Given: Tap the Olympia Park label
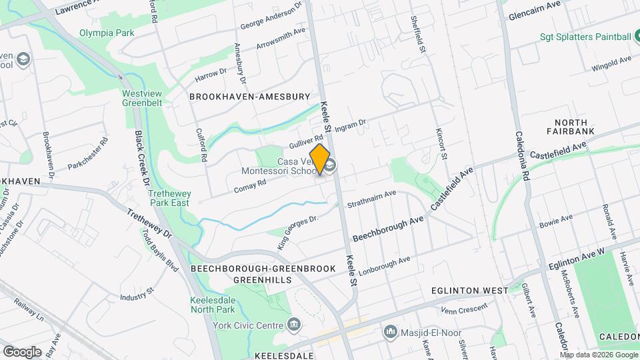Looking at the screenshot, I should click(107, 33).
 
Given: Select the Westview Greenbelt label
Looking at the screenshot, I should click(143, 99).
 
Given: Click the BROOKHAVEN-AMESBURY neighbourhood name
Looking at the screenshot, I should click(250, 97).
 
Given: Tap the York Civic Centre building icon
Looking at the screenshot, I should click(294, 325).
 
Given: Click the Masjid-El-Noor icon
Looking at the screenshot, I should click(390, 331).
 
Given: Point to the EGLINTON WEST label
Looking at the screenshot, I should click(469, 291).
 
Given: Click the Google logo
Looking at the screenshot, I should click(22, 351).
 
